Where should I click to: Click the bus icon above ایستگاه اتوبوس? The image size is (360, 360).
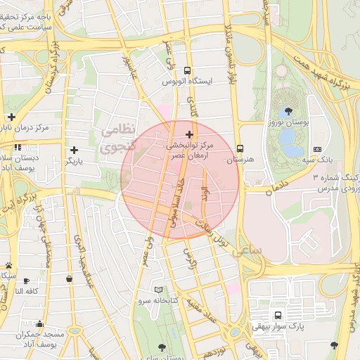[x=187, y=70]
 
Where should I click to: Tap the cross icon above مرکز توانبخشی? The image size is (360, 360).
[x=189, y=134]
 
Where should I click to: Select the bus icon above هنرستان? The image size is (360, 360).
[x=240, y=149]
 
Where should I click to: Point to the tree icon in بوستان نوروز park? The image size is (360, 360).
[x=285, y=111]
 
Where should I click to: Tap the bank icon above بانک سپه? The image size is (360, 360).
[x=317, y=149]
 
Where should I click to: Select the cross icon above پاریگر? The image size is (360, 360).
[x=74, y=150]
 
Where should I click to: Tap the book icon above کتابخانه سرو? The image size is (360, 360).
[x=158, y=290]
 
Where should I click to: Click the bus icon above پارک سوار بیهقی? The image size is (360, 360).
[x=278, y=315]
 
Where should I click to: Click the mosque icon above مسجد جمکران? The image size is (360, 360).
[x=39, y=324]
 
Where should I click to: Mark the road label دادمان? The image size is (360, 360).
[x=279, y=186]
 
